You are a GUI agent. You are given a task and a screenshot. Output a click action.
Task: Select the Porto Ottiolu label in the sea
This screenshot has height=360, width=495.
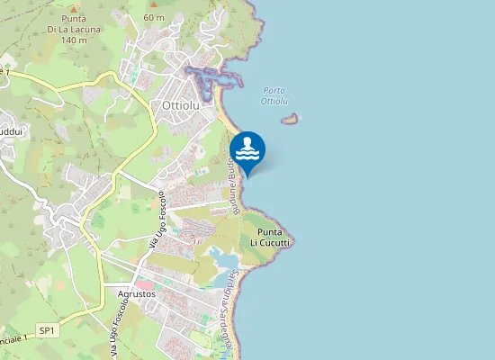(275, 94)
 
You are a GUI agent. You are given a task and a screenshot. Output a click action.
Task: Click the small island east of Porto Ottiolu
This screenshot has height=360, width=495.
(290, 118)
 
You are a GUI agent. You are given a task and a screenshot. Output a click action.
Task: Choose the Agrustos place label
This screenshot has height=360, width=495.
(137, 294)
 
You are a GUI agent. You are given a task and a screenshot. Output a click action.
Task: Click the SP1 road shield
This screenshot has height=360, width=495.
(47, 331)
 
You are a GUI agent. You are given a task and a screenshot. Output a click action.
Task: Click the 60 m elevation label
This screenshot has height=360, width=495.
(154, 17)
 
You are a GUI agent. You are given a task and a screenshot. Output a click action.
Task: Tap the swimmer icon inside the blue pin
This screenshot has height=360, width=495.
(247, 148)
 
